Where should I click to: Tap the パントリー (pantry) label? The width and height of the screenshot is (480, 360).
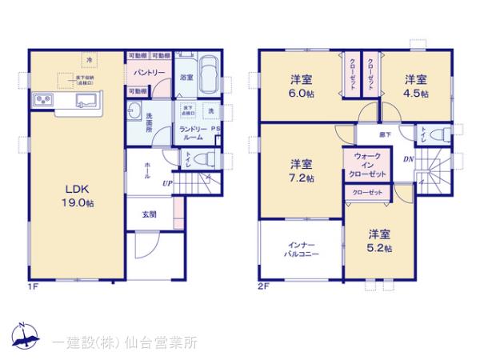(150, 73)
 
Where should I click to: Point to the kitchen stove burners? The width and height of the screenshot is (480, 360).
(42, 101)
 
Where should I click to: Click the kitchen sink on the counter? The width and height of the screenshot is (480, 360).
(84, 101)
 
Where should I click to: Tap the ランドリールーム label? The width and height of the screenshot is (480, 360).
(193, 134)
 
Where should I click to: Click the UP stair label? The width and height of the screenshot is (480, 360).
(166, 183)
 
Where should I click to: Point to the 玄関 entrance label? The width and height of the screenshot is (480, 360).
(150, 214)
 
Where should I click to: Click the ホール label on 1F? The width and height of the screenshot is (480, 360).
(148, 170)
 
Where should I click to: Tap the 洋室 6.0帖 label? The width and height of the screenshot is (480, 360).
(301, 85)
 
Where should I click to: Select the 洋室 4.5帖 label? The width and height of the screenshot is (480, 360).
(415, 85)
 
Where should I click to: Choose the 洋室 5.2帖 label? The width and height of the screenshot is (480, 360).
(380, 241)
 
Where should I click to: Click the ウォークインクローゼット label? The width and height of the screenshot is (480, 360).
(366, 164)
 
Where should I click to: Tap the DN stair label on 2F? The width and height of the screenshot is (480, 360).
(408, 159)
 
